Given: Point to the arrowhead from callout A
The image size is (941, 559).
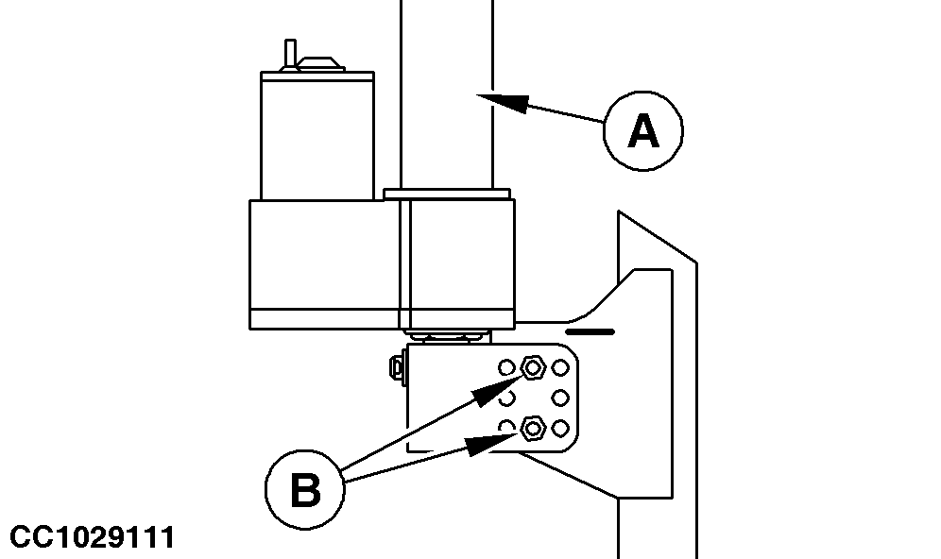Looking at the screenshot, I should coord(495,97).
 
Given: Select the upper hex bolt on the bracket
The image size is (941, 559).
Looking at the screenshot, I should coord(531,366).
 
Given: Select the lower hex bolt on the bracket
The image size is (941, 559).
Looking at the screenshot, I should coord(531,429).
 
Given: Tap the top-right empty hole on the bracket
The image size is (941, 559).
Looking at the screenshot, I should coord(560,366).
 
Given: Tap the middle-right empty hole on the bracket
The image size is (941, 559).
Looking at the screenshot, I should coord(560,397).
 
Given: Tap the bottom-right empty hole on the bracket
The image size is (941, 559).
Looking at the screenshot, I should coord(560,429).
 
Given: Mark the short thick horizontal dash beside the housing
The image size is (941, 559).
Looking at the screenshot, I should coord(589,332).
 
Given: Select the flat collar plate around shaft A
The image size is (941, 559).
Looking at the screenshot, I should coord(448,194).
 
